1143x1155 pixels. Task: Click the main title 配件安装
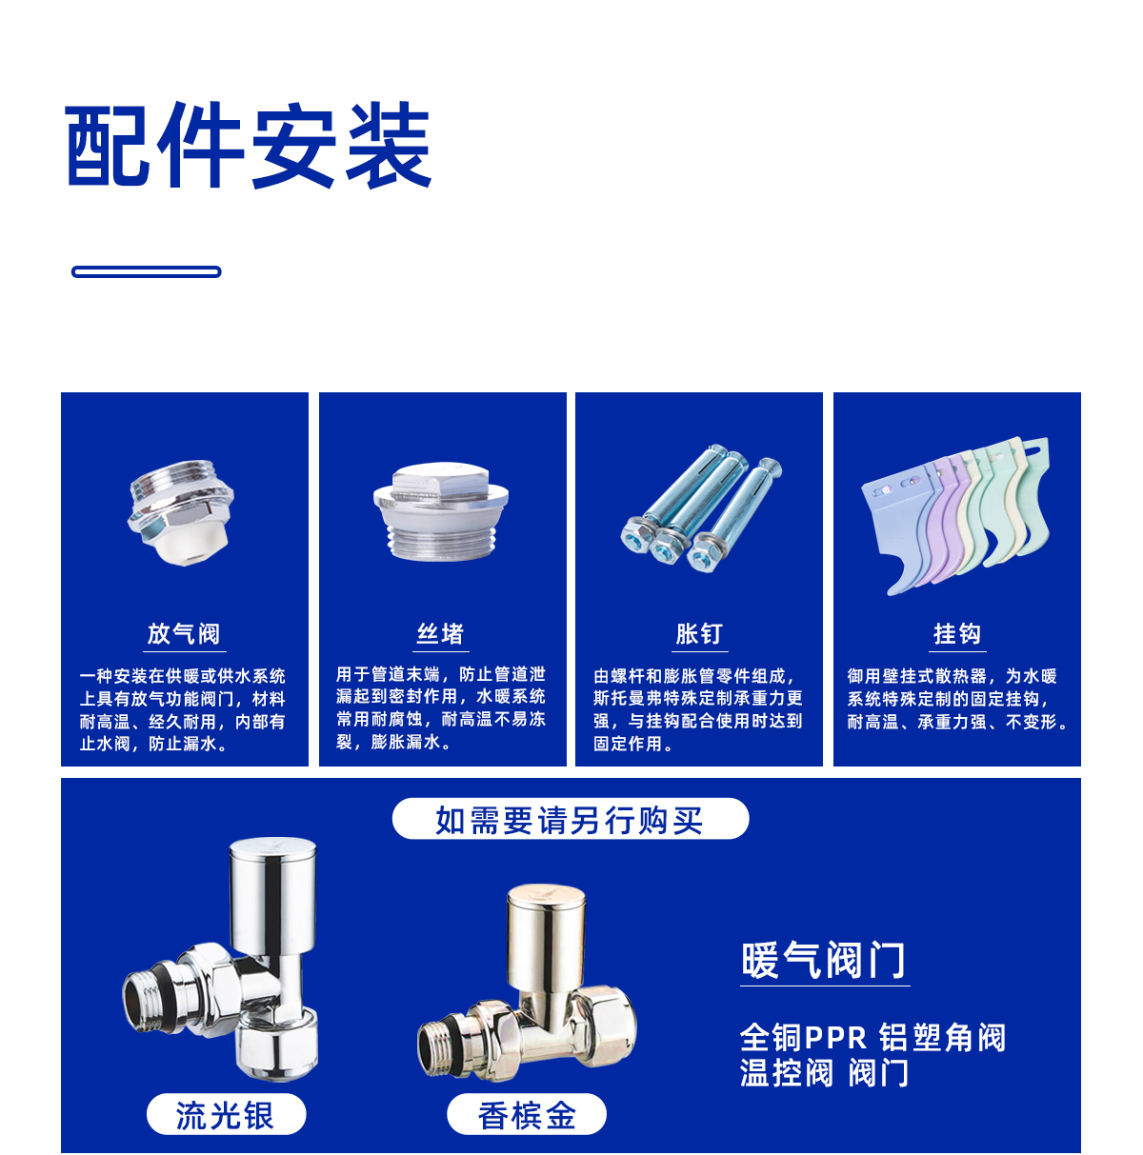[248, 145]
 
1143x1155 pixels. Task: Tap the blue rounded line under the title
[147, 271]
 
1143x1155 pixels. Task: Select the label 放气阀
[184, 633]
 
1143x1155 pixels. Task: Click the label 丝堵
[441, 633]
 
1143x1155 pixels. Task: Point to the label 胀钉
[698, 633]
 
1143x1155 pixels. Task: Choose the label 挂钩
[956, 633]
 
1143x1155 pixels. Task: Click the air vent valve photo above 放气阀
[181, 512]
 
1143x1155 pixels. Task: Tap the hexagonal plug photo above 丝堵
[441, 511]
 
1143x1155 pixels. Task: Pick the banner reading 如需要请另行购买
[570, 819]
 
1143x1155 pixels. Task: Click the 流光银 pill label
[226, 1114]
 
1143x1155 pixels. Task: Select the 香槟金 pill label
[527, 1114]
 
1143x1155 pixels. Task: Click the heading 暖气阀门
[823, 960]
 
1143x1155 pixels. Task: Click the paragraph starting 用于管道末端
[441, 707]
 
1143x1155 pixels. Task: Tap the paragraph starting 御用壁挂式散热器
[957, 699]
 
